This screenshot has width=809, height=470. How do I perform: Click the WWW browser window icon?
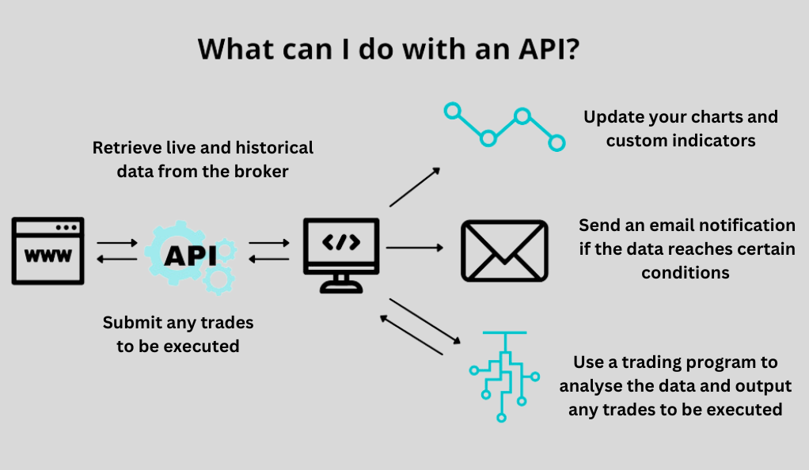[48, 251]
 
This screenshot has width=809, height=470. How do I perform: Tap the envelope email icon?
[504, 251]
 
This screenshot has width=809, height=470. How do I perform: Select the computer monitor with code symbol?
[341, 256]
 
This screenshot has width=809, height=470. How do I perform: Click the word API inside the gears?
[191, 256]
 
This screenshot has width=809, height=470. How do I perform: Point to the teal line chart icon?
[504, 127]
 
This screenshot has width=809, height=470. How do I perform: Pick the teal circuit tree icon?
[504, 377]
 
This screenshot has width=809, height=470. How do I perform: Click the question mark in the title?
[572, 49]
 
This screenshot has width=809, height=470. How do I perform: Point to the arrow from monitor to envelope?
[415, 248]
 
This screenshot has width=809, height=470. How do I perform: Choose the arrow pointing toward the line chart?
[415, 187]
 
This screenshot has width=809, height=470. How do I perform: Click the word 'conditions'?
[686, 273]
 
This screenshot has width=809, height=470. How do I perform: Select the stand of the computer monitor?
[341, 284]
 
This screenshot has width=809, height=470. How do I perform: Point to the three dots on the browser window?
[66, 227]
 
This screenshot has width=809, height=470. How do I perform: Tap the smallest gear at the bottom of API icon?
[218, 279]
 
